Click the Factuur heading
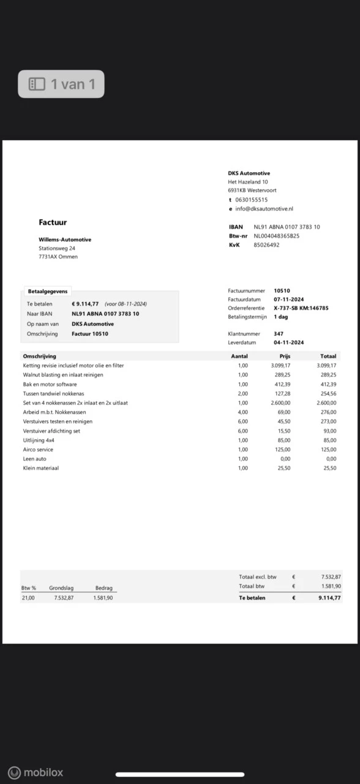pyautogui.click(x=53, y=222)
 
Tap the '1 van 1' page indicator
pyautogui.click(x=61, y=84)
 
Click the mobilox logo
pyautogui.click(x=36, y=772)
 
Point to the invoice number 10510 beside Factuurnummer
pyautogui.click(x=282, y=290)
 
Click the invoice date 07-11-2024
pyautogui.click(x=289, y=299)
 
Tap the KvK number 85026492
pyautogui.click(x=266, y=244)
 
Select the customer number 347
pyautogui.click(x=279, y=334)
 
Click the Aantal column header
pyautogui.click(x=239, y=356)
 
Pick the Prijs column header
pyautogui.click(x=285, y=356)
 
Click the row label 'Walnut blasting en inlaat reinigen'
pyautogui.click(x=63, y=375)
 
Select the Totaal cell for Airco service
pyautogui.click(x=328, y=450)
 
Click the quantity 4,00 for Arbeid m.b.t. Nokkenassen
pyautogui.click(x=242, y=412)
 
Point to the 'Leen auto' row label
pyautogui.click(x=34, y=459)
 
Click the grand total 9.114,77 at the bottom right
pyautogui.click(x=329, y=598)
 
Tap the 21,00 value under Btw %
pyautogui.click(x=28, y=598)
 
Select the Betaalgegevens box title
pyautogui.click(x=48, y=292)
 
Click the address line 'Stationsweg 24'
pyautogui.click(x=57, y=248)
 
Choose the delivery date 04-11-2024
pyautogui.click(x=289, y=342)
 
